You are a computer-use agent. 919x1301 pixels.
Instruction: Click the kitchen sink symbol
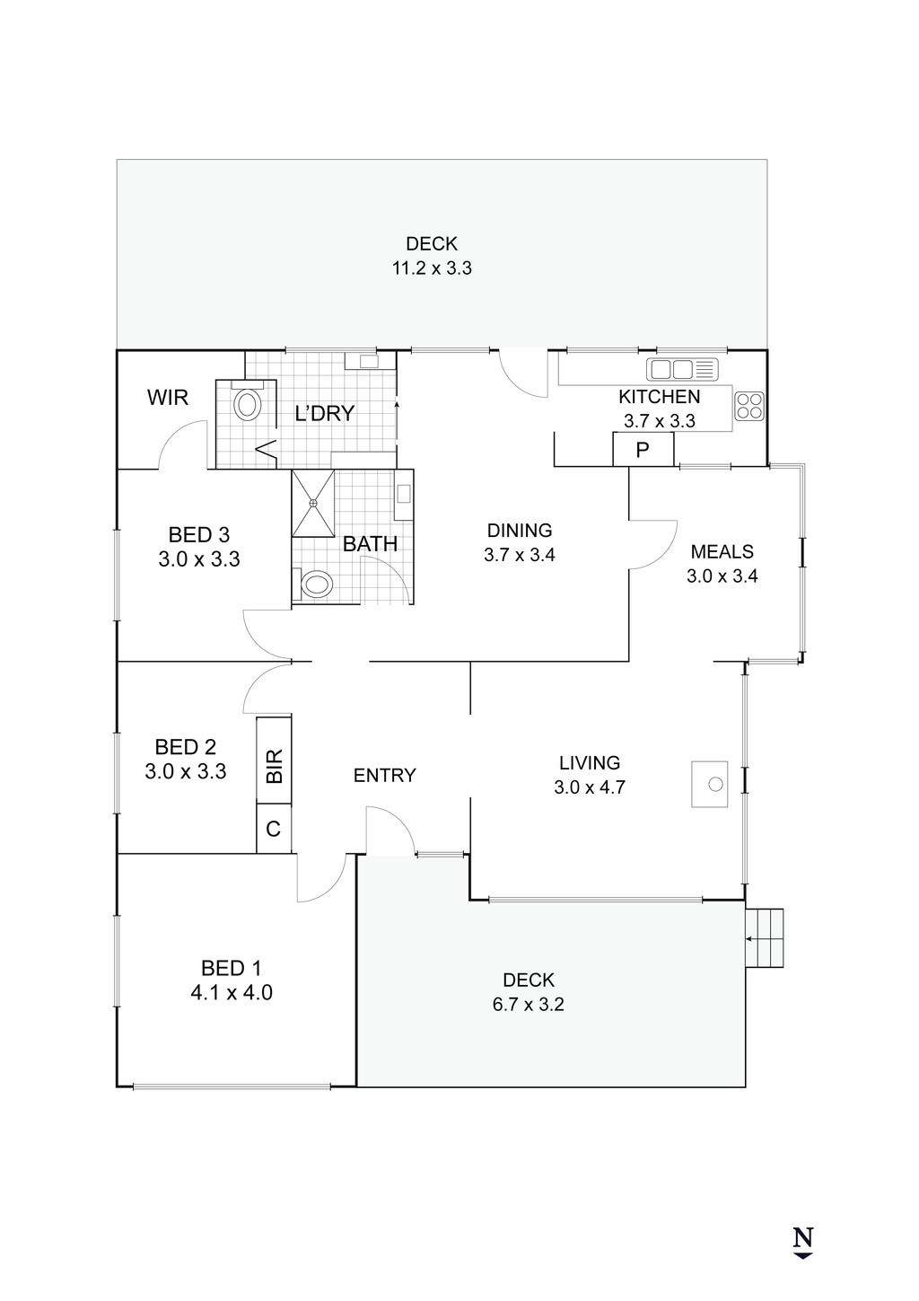[x=682, y=369]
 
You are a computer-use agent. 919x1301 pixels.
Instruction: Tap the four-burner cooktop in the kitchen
[x=749, y=407]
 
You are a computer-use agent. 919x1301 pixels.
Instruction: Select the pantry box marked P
[x=643, y=449]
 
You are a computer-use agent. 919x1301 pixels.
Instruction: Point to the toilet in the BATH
[x=315, y=585]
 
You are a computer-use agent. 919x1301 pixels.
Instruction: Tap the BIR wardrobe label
[x=275, y=765]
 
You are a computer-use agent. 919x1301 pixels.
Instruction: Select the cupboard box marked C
[x=274, y=829]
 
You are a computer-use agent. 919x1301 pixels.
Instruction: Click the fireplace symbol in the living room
[x=713, y=784]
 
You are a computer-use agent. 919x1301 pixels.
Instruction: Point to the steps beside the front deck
[x=766, y=937]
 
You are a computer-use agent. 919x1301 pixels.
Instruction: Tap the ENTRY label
[x=384, y=776]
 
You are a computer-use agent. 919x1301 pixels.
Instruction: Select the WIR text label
[x=168, y=397]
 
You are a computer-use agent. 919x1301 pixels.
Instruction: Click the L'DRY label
[x=325, y=414]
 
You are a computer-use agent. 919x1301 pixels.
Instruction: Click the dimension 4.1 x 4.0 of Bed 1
[x=231, y=992]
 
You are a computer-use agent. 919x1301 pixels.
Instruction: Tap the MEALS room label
[x=722, y=551]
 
